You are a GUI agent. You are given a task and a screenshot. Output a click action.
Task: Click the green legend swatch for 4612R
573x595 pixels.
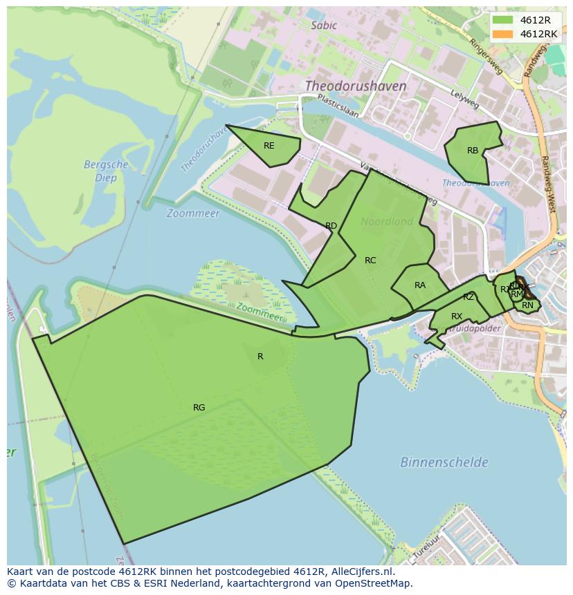502,20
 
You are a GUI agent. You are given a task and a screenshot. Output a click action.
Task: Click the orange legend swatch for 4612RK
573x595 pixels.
502,34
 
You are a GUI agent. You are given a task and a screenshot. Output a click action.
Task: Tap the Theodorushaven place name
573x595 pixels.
356,86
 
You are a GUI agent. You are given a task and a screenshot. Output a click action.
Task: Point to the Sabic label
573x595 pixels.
324,26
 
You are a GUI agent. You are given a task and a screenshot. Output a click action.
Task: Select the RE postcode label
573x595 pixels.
269,146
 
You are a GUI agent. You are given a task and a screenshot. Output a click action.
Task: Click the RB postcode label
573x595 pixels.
473,151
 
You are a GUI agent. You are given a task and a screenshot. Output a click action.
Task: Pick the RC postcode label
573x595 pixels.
370,261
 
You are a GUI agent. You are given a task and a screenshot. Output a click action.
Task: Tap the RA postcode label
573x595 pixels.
420,285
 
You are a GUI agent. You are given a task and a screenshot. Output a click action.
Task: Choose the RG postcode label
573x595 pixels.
199,408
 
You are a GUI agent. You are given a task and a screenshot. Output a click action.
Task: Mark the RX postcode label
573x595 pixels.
457,317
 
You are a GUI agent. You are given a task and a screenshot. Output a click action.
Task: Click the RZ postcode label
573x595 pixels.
469,297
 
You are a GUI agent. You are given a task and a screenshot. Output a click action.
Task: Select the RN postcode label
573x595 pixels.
528,305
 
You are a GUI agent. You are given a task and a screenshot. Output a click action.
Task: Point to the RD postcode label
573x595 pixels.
331,226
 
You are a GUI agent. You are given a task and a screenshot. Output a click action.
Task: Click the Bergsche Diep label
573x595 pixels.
106,171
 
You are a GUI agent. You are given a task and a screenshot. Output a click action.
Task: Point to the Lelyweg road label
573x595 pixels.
464,100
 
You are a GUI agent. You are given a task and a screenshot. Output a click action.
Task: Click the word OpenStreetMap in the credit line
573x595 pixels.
374,583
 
